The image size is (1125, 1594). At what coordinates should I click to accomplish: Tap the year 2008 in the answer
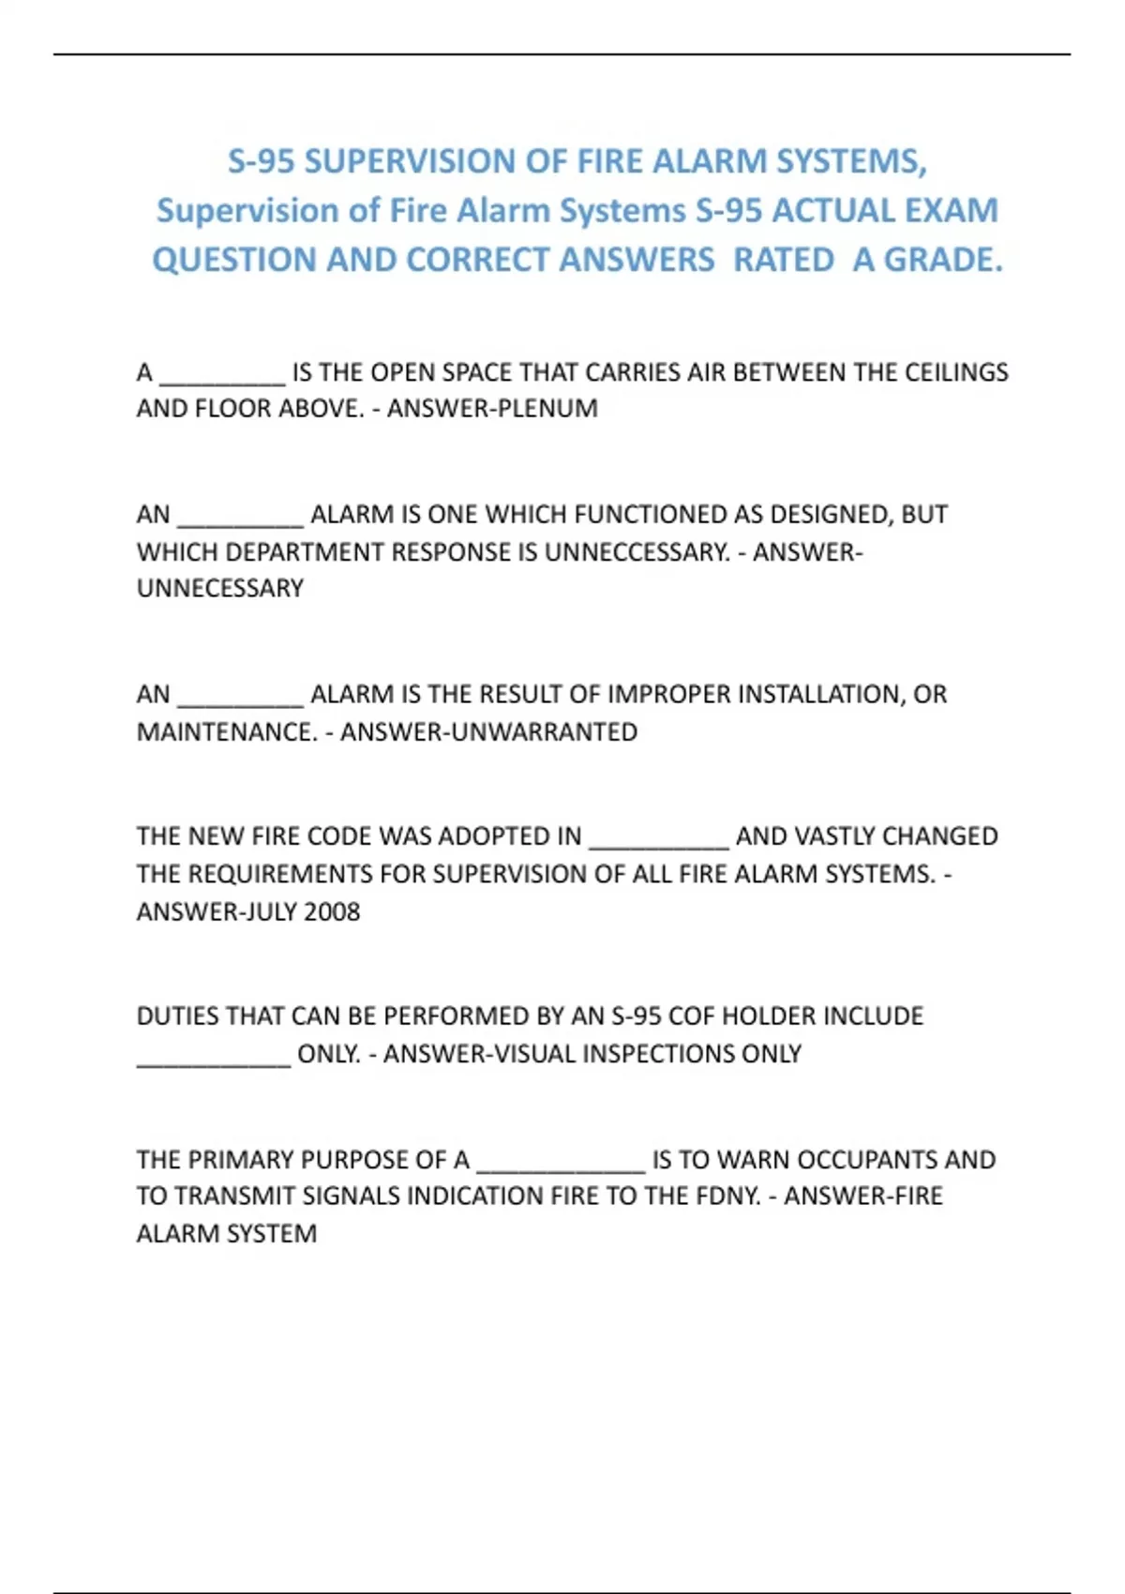coord(332,911)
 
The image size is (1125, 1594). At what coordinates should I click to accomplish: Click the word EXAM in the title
coord(952,210)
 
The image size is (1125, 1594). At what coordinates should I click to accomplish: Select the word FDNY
coord(727,1196)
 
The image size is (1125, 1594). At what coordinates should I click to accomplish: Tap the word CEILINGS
coord(956,372)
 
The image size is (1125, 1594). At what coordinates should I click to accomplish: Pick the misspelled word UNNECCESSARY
coord(637,551)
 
